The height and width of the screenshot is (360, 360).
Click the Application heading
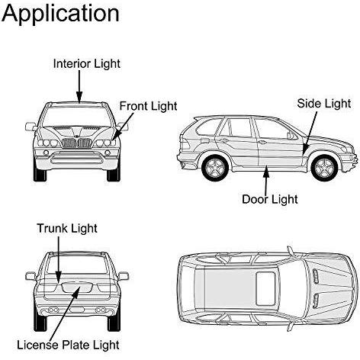60,14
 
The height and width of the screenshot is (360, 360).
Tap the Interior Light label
87,64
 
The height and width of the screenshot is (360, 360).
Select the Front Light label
148,106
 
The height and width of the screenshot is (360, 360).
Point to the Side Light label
324,104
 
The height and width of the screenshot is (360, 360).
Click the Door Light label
270,199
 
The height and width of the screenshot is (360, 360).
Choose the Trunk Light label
67,229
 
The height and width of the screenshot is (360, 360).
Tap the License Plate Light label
68,345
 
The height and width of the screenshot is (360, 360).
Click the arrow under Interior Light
79,87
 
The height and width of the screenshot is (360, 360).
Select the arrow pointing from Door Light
266,178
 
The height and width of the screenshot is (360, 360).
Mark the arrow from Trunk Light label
59,259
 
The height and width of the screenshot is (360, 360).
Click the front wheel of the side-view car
324,167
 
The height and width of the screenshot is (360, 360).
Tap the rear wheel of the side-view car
215,167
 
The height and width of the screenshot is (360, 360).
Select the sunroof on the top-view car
265,288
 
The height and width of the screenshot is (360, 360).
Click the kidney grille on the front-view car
76,143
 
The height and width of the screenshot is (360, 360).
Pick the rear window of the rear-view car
77,265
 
